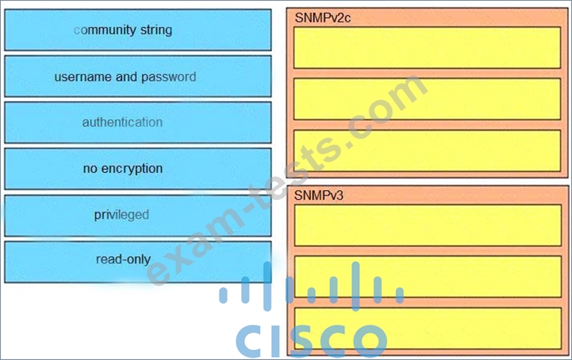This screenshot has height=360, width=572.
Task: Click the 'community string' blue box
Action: click(138, 30)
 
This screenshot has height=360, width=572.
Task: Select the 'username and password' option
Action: click(138, 76)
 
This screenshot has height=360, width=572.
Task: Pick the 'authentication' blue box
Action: click(138, 123)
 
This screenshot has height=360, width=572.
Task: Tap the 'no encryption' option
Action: click(138, 168)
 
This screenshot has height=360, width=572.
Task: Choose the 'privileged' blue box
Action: click(138, 216)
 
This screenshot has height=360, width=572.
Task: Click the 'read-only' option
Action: click(138, 262)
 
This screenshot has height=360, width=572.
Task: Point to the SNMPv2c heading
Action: click(323, 18)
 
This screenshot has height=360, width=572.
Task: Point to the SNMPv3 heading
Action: click(319, 195)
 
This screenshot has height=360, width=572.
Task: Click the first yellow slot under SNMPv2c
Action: click(428, 48)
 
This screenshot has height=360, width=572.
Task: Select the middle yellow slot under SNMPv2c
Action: click(428, 99)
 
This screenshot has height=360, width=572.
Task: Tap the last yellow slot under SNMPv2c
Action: click(428, 150)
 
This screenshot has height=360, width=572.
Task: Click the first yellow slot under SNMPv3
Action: click(428, 225)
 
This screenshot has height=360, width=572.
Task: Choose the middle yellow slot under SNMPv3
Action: click(428, 276)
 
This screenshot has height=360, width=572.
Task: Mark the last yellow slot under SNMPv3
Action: click(428, 329)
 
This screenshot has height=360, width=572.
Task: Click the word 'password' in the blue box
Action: click(168, 77)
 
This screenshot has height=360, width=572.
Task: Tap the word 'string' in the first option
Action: click(156, 30)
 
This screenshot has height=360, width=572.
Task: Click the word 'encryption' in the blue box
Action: click(132, 169)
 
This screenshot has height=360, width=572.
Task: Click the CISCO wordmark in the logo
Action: click(311, 341)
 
